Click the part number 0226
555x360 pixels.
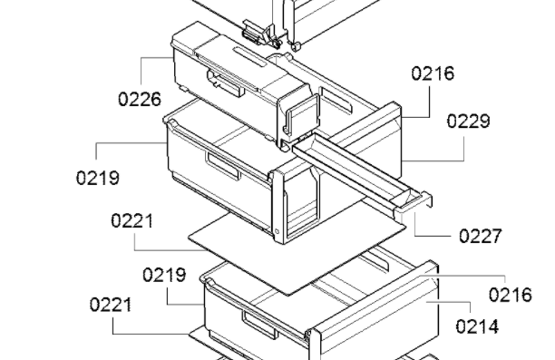[140, 99]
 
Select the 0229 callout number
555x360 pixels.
[468, 122]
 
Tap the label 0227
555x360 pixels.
[481, 236]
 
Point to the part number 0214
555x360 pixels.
[477, 326]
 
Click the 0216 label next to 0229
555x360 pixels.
[433, 73]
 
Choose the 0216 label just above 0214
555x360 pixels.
[510, 295]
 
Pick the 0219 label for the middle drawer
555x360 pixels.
[98, 178]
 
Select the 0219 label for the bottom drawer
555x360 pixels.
[164, 275]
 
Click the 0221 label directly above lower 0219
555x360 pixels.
[132, 221]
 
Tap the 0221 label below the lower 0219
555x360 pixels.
[111, 305]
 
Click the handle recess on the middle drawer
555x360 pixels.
[224, 166]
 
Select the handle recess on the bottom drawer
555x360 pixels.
[259, 325]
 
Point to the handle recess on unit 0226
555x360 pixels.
[226, 83]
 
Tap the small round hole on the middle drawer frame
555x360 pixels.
[277, 231]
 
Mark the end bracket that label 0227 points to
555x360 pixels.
[414, 202]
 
